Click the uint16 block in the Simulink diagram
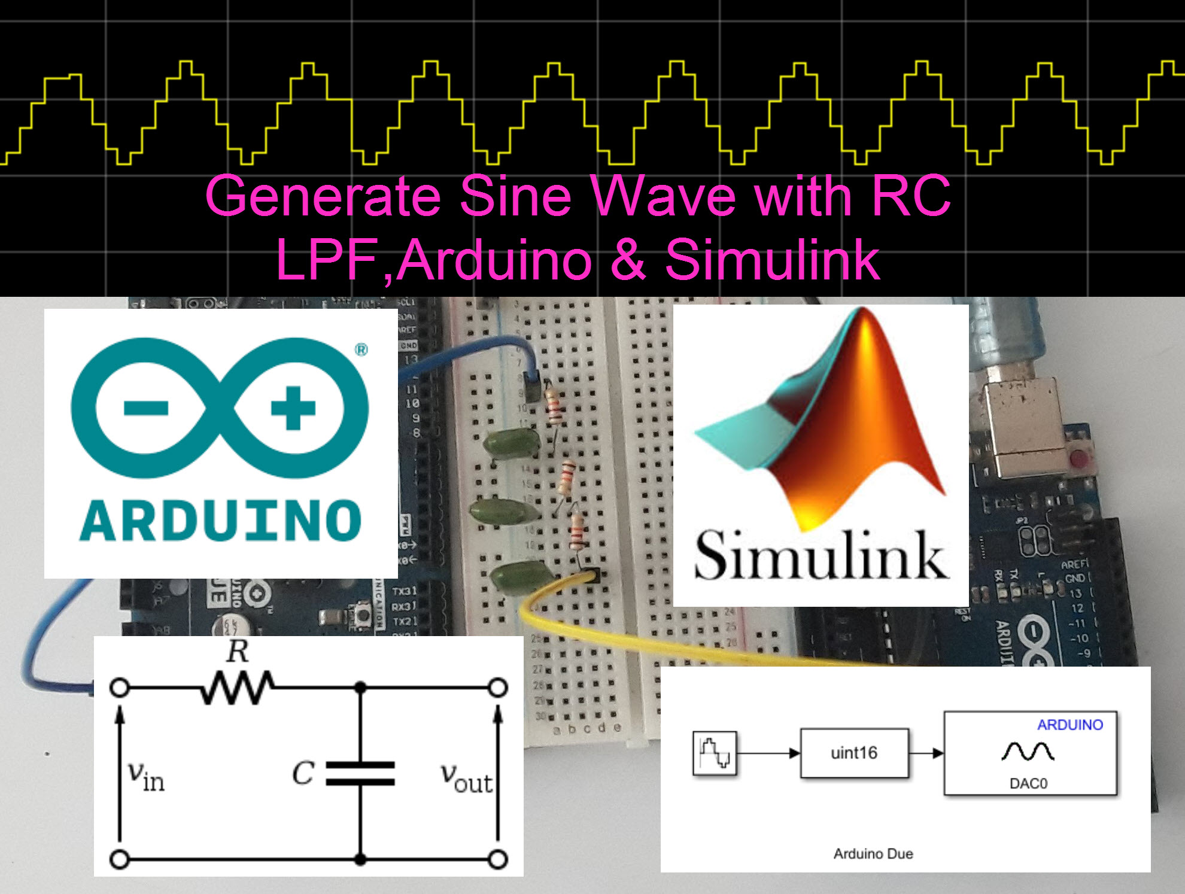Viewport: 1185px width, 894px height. coord(854,753)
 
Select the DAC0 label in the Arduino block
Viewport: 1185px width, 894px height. coord(1028,783)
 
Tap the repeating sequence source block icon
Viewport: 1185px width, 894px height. coord(715,753)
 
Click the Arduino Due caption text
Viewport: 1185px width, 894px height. coord(873,854)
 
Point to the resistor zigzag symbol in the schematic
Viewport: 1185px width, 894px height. coord(238,688)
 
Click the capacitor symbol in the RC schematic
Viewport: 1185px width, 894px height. coord(360,773)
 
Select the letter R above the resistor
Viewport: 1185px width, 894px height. coord(238,651)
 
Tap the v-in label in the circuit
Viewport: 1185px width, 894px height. coord(145,777)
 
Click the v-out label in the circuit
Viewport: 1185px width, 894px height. coord(466,778)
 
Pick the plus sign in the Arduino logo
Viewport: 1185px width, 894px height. coord(293,409)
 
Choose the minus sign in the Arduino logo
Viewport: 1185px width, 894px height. coord(145,409)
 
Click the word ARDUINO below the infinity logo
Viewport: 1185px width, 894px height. coord(220,521)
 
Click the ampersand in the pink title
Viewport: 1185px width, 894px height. coord(628,260)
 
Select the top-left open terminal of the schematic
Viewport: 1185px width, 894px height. coord(120,688)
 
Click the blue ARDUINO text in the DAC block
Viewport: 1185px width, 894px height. coord(1069,725)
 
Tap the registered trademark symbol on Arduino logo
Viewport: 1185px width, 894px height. coord(361,349)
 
